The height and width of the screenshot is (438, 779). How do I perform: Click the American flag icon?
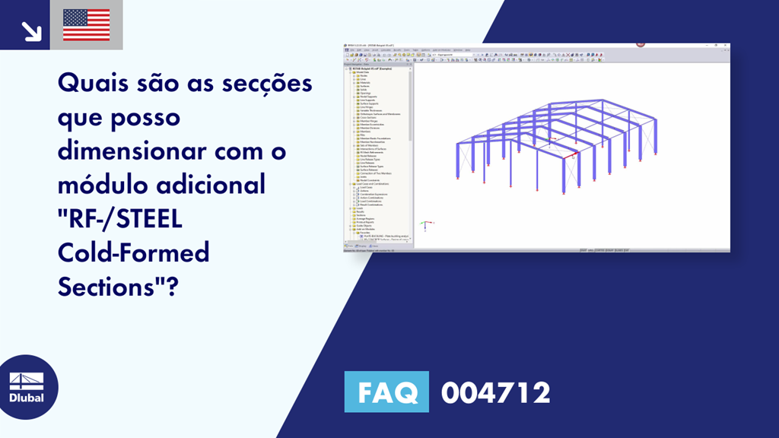tap(86, 24)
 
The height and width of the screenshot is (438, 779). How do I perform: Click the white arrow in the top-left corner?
tap(31, 30)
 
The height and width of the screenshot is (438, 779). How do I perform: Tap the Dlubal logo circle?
tap(27, 387)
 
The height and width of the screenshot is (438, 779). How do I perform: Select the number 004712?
tap(495, 392)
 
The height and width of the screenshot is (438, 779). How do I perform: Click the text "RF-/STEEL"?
tap(120, 218)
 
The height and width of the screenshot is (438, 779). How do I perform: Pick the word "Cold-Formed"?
tap(133, 252)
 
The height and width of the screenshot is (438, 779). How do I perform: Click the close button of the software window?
tap(726, 46)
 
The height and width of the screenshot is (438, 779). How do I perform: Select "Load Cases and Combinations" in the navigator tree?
tap(373, 183)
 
